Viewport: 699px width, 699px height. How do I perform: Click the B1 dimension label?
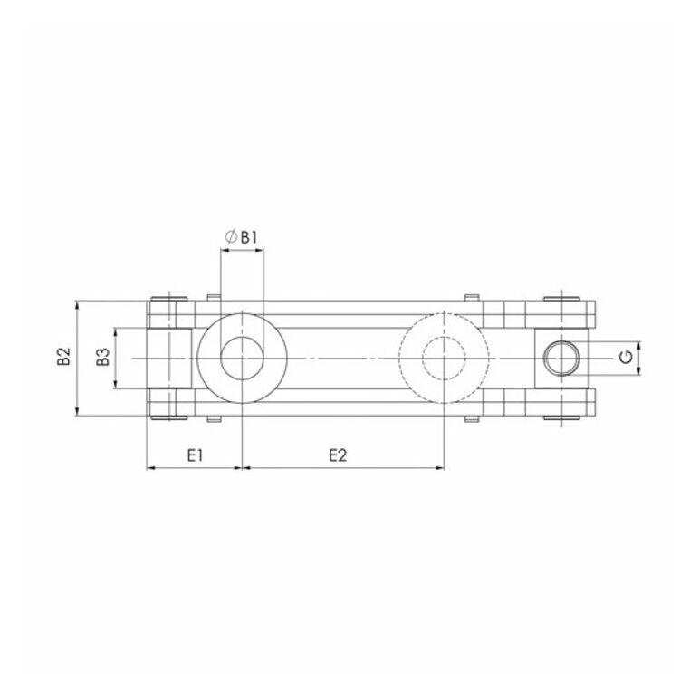pos(249,237)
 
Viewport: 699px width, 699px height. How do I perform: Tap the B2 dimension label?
pos(64,357)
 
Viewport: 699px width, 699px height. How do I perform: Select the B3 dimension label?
pos(103,358)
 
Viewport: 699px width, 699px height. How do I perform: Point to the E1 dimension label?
pos(195,455)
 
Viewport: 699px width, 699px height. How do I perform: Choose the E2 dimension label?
pos(338,455)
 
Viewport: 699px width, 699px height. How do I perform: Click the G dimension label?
pos(627,357)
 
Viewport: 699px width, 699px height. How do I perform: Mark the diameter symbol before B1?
pos(231,237)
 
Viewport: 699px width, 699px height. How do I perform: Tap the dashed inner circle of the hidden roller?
pos(444,338)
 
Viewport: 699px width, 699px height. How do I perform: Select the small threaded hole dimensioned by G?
pos(561,341)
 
